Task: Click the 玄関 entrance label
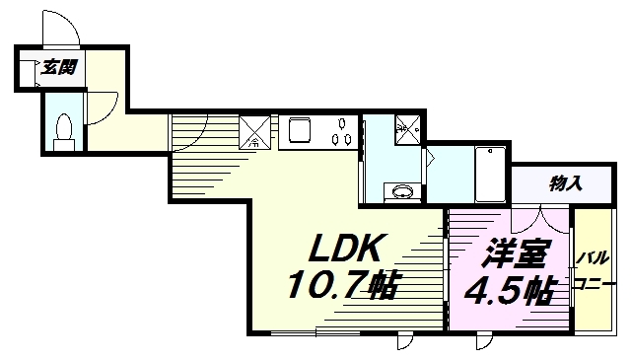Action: pyautogui.click(x=59, y=68)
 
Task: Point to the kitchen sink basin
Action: pyautogui.click(x=300, y=130)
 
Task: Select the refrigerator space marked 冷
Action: pyautogui.click(x=254, y=132)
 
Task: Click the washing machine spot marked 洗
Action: pyautogui.click(x=407, y=129)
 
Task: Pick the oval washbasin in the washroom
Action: pyautogui.click(x=402, y=191)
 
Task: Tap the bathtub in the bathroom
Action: pyautogui.click(x=490, y=175)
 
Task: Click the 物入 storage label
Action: pyautogui.click(x=566, y=184)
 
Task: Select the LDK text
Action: pyautogui.click(x=344, y=248)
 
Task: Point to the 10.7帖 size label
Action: pyautogui.click(x=342, y=284)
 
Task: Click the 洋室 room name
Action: pyautogui.click(x=516, y=252)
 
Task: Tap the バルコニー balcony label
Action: pyautogui.click(x=595, y=270)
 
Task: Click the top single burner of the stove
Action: pyautogui.click(x=342, y=123)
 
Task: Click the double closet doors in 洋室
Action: pyautogui.click(x=540, y=220)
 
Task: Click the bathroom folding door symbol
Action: pyautogui.click(x=429, y=158)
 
